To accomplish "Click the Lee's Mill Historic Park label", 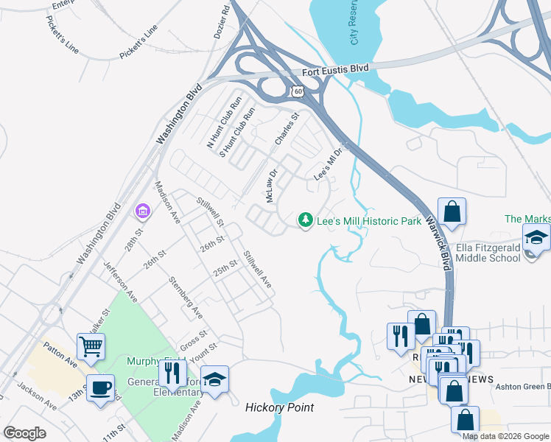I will (368, 221).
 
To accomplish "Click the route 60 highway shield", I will (297, 90).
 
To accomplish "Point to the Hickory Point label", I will (279, 407).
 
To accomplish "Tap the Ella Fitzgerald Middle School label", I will (488, 253).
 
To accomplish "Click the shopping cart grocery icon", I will (91, 345).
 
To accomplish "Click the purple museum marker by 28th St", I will (142, 212).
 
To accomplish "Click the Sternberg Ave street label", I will (186, 297).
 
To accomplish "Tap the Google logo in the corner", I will (25, 433).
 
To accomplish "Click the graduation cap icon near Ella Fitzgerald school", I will (536, 238).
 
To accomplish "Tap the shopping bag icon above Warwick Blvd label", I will (452, 211).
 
